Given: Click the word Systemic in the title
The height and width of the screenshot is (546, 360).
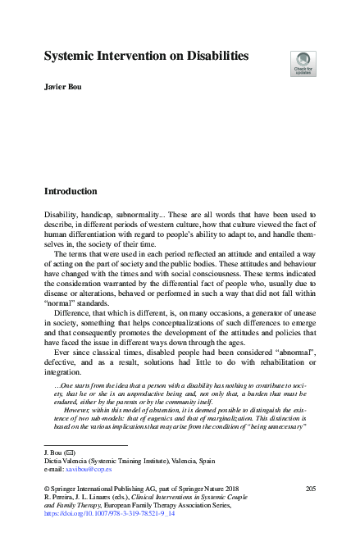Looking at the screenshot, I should pyautogui.click(x=75, y=57).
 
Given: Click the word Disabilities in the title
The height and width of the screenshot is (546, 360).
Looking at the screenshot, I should pyautogui.click(x=203, y=57).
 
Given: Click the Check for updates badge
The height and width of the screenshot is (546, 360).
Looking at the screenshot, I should pyautogui.click(x=303, y=63).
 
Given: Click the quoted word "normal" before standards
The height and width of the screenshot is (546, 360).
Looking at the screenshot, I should pyautogui.click(x=62, y=301).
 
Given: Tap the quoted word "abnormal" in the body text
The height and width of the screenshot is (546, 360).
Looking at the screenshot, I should pyautogui.click(x=290, y=348).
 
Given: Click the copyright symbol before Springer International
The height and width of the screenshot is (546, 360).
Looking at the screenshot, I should pyautogui.click(x=46, y=489).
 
